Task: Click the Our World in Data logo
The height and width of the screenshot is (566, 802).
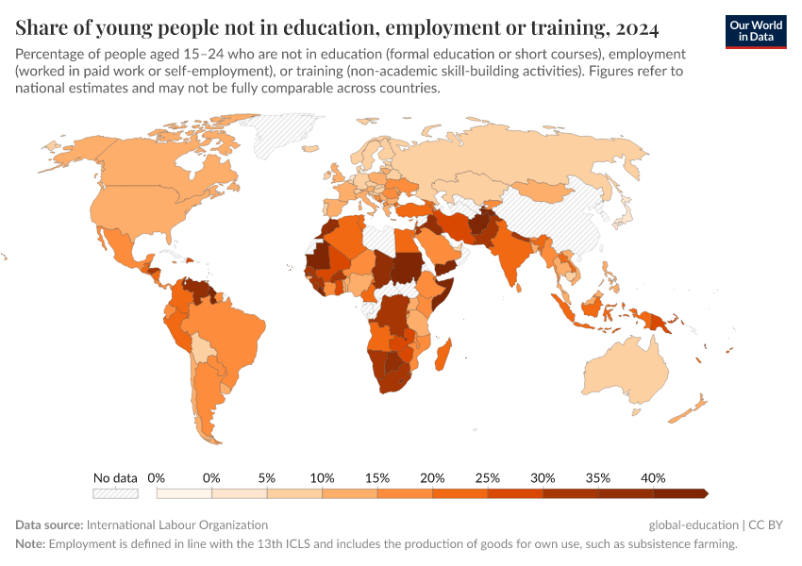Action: point(755,30)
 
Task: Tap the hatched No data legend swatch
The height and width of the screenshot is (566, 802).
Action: point(115,493)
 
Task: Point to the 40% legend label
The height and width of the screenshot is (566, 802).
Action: point(653,478)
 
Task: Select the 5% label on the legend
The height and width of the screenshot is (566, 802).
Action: point(267,478)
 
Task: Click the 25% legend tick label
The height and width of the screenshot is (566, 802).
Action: point(488,478)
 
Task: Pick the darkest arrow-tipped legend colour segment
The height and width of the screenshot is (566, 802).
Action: point(679,493)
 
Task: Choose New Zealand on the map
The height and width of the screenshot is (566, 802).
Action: point(693,408)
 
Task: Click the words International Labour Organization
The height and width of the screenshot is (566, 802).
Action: point(176,524)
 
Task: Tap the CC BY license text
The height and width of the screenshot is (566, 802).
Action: point(766,524)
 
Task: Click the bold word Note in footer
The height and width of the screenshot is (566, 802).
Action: point(29,544)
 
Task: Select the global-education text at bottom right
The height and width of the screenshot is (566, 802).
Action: point(693,524)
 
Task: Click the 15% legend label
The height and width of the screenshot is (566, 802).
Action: point(377,478)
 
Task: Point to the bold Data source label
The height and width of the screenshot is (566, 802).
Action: point(49,524)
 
